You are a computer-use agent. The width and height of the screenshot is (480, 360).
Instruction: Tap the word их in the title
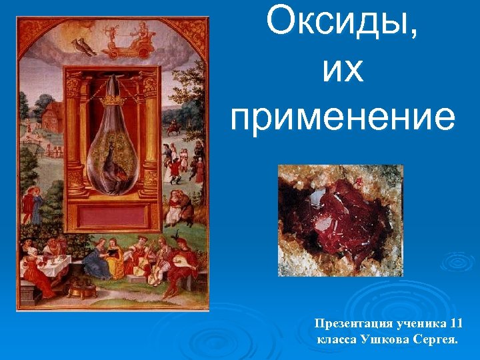click(x=343, y=71)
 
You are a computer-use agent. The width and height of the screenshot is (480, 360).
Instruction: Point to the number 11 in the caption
click(x=455, y=324)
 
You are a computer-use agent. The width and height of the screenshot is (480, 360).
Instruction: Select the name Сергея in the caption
click(x=434, y=340)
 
